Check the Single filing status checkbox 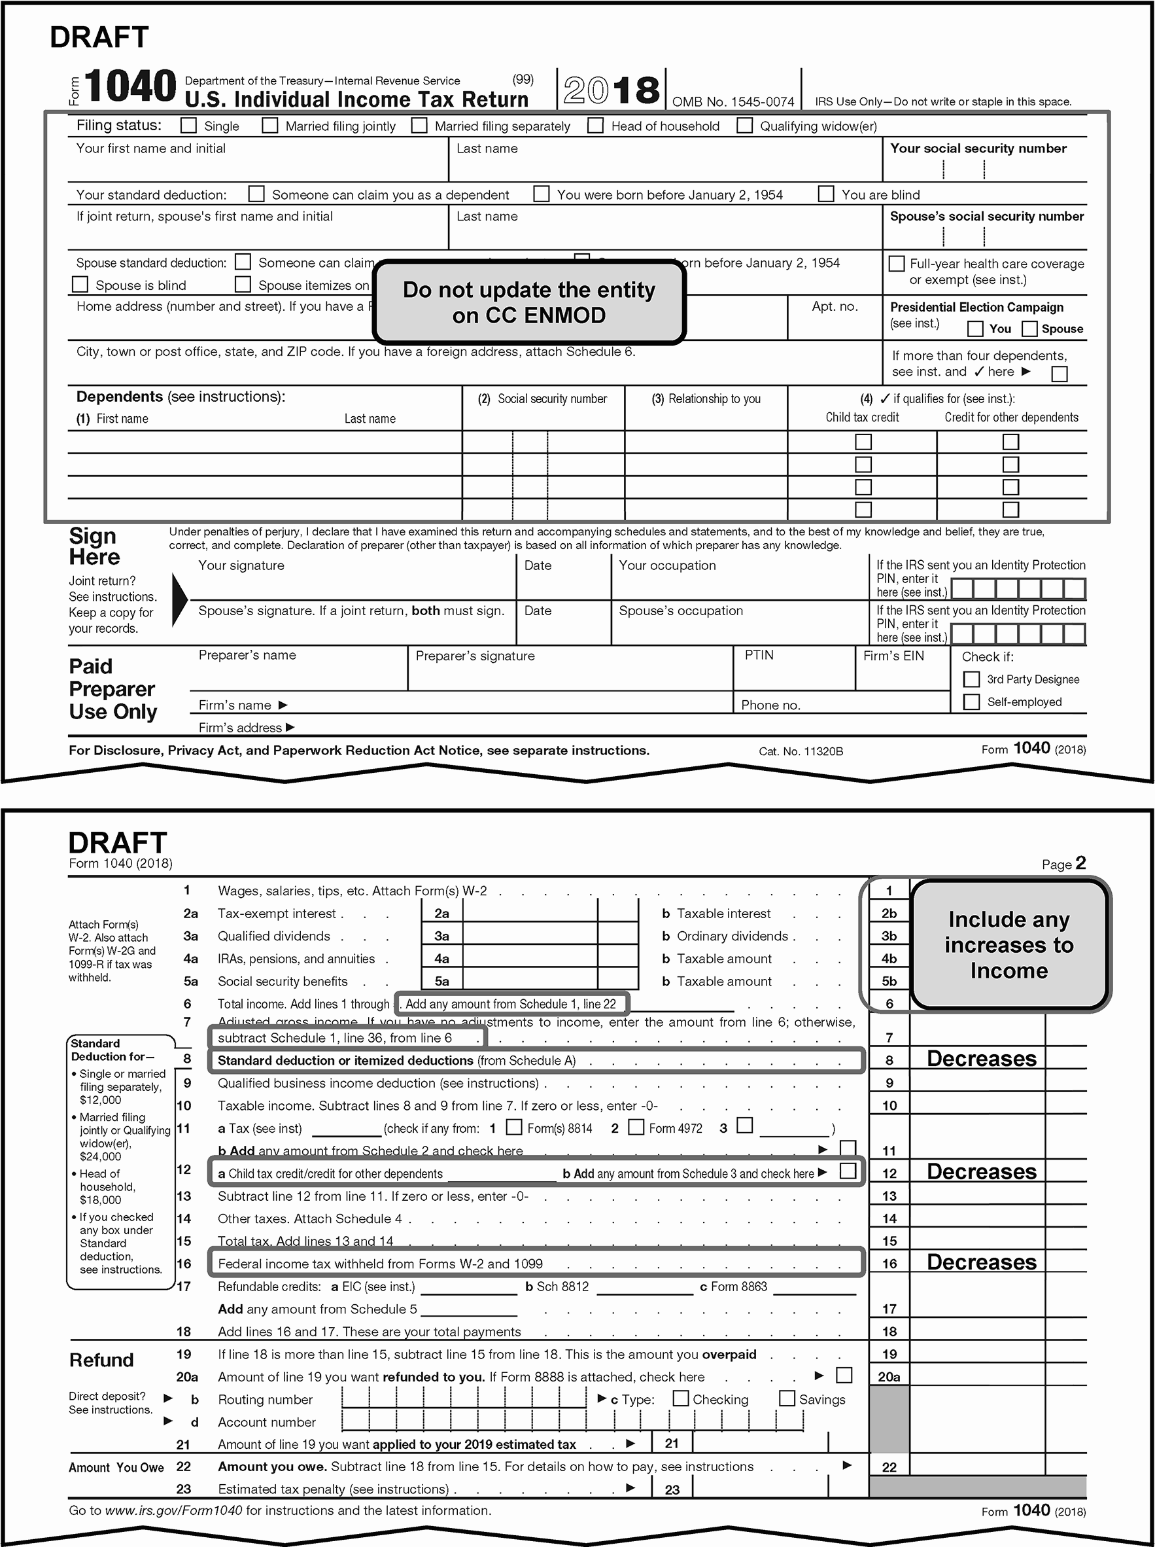[x=188, y=125]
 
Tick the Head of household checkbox [x=596, y=125]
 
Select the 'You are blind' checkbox [x=827, y=194]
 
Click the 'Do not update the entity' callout [x=529, y=302]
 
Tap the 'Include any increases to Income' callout [x=1009, y=944]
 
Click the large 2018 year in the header [x=611, y=90]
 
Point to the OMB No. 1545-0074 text [x=733, y=102]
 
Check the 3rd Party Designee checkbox [x=971, y=679]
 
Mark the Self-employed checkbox [x=971, y=702]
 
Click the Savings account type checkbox [x=787, y=1398]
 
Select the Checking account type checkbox [x=680, y=1398]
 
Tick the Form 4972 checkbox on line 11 [x=636, y=1127]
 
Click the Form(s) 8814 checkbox [x=514, y=1127]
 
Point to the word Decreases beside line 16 [x=982, y=1262]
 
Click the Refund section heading [x=101, y=1360]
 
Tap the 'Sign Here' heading [x=94, y=546]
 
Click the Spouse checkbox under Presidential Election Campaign [x=1030, y=329]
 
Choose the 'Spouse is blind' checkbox [x=80, y=285]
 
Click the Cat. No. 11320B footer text [x=801, y=751]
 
